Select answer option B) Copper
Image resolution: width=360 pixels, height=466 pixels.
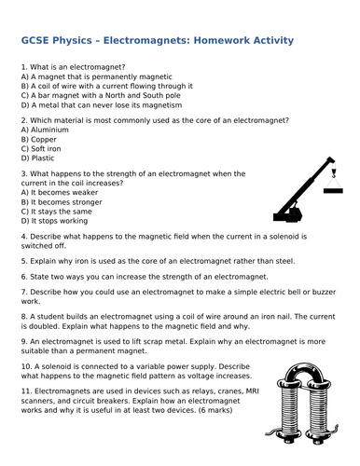pos(38,139)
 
